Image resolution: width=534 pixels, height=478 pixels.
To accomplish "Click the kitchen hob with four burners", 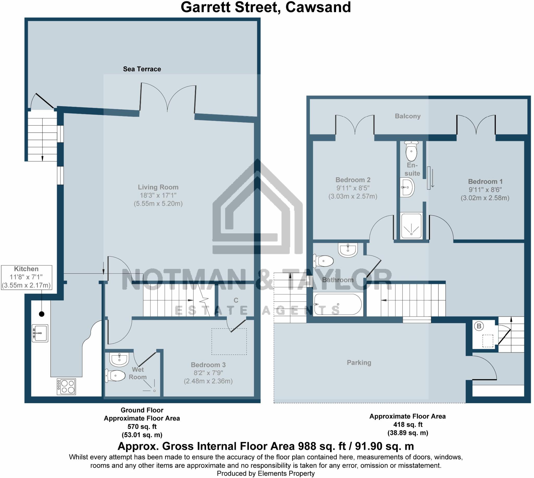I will tap(66, 387).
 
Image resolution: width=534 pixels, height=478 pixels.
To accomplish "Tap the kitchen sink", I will tap(40, 333).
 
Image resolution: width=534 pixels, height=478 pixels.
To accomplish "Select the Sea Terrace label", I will tap(142, 69).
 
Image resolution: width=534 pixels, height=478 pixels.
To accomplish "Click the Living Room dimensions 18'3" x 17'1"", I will tap(158, 195).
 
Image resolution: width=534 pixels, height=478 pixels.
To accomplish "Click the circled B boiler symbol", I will tap(479, 326).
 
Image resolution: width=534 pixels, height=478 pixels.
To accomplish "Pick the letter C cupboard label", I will tap(236, 301).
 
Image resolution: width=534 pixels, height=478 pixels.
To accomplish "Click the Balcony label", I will tap(408, 116).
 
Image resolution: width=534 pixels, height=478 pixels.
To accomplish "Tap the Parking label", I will tap(359, 363).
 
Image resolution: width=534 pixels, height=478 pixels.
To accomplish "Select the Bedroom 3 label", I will tap(208, 365).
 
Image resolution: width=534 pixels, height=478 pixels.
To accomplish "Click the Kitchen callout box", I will tap(27, 277).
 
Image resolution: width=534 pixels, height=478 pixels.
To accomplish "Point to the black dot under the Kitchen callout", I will tap(41, 314).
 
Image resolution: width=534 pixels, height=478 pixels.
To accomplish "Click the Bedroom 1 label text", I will tap(485, 182).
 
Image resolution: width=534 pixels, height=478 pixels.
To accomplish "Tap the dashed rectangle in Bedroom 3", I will tap(229, 342).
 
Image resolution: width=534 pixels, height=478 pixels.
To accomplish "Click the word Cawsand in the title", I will tap(318, 7).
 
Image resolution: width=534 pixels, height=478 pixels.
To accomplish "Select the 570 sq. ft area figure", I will tap(142, 427).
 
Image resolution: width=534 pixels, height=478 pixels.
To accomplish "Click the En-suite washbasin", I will tap(407, 188).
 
